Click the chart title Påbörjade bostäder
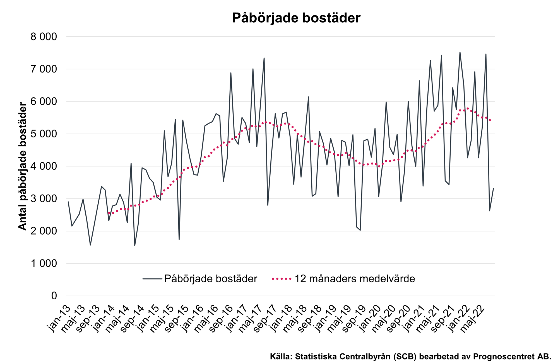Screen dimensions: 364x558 click(x=296, y=18)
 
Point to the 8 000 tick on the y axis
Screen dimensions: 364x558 click(x=44, y=37)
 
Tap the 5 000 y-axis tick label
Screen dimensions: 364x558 click(x=44, y=134)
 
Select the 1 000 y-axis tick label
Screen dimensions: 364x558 click(x=44, y=264)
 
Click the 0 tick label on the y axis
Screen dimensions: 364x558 click(x=54, y=296)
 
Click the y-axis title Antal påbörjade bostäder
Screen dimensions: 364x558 click(x=22, y=166)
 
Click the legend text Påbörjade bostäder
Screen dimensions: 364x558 click(x=211, y=279)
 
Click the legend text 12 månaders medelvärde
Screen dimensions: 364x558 click(x=355, y=279)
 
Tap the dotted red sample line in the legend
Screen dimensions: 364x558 click(x=282, y=279)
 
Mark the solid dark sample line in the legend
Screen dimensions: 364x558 click(x=152, y=279)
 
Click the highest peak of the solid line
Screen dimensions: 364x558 click(x=460, y=52)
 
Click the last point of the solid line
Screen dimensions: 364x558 click(x=493, y=189)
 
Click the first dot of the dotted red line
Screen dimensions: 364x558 click(x=109, y=213)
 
